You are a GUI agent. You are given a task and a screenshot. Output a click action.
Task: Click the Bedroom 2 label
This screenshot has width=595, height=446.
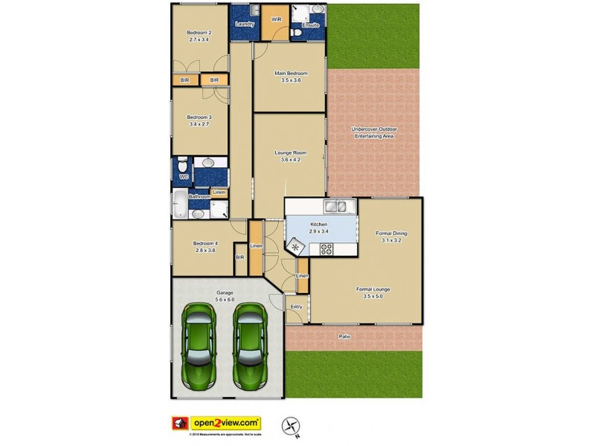click(199, 32)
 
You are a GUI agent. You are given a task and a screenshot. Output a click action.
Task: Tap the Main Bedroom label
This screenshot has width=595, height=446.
click(291, 74)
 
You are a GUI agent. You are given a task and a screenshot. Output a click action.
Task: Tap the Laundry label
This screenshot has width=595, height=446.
click(245, 25)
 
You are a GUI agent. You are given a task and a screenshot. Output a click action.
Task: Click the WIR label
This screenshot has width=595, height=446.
click(276, 19)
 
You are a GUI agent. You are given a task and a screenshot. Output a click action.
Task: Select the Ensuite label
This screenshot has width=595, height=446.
click(310, 25)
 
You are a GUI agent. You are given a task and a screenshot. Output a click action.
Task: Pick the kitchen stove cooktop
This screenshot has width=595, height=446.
click(327, 249)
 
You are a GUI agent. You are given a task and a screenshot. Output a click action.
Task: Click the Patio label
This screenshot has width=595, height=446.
click(344, 337)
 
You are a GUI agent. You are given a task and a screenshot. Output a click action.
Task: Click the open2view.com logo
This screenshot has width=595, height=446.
click(227, 421)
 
